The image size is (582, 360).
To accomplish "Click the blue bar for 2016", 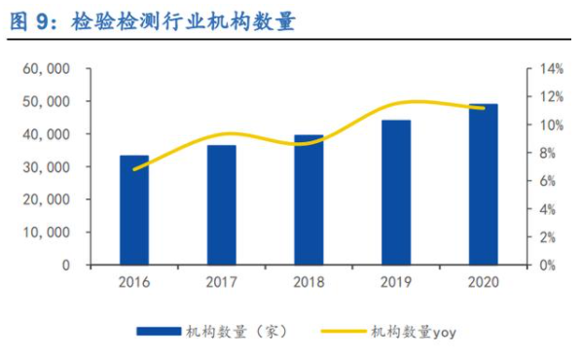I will pos(134,210).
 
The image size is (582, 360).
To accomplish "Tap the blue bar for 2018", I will pos(309,199).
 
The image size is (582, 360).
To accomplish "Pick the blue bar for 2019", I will pos(395,192).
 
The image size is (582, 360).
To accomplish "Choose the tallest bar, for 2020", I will pos(483,184).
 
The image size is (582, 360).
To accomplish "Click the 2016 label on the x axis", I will pos(134,282).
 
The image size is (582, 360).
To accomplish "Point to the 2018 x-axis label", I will pos(309,282).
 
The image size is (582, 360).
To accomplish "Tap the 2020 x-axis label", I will pos(483,282).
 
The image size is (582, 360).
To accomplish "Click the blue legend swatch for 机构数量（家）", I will pos(159,332).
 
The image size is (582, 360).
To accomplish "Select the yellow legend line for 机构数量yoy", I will pos(336,332).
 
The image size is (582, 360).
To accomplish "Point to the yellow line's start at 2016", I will pos(134,169).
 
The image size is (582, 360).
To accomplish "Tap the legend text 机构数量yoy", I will pos(413,332).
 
